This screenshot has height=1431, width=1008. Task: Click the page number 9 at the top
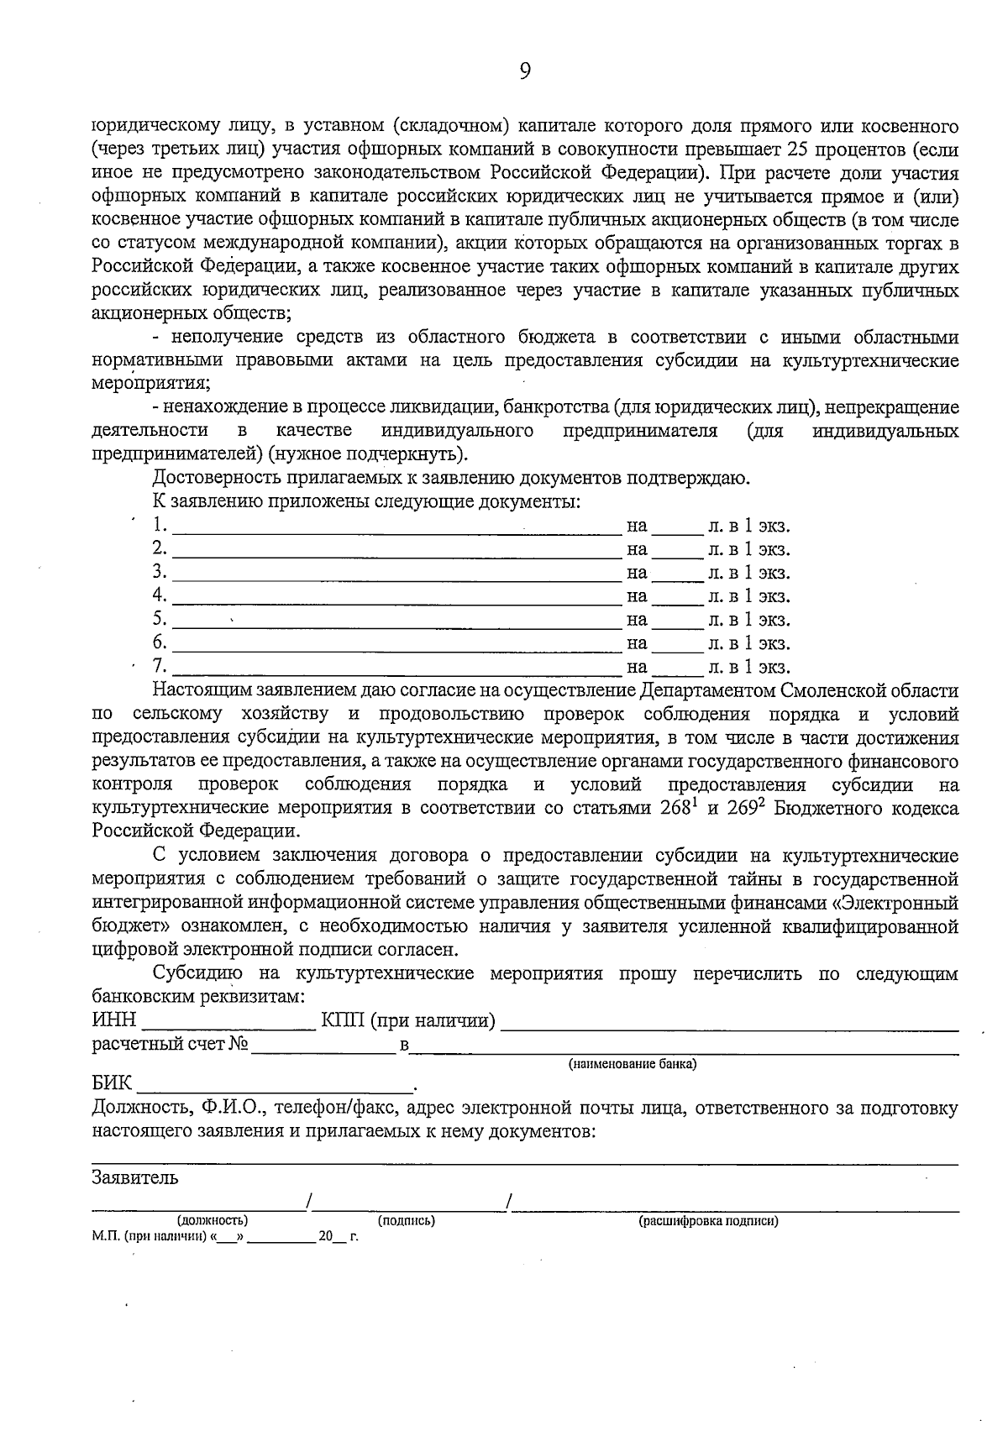point(524,72)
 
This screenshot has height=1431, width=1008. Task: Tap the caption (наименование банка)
point(633,1064)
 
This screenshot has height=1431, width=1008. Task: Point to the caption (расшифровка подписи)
point(708,1220)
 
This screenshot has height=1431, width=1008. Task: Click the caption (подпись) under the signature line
point(406,1220)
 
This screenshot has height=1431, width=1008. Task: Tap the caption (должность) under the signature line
point(212,1220)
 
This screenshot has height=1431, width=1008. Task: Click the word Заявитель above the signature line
point(134,1177)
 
